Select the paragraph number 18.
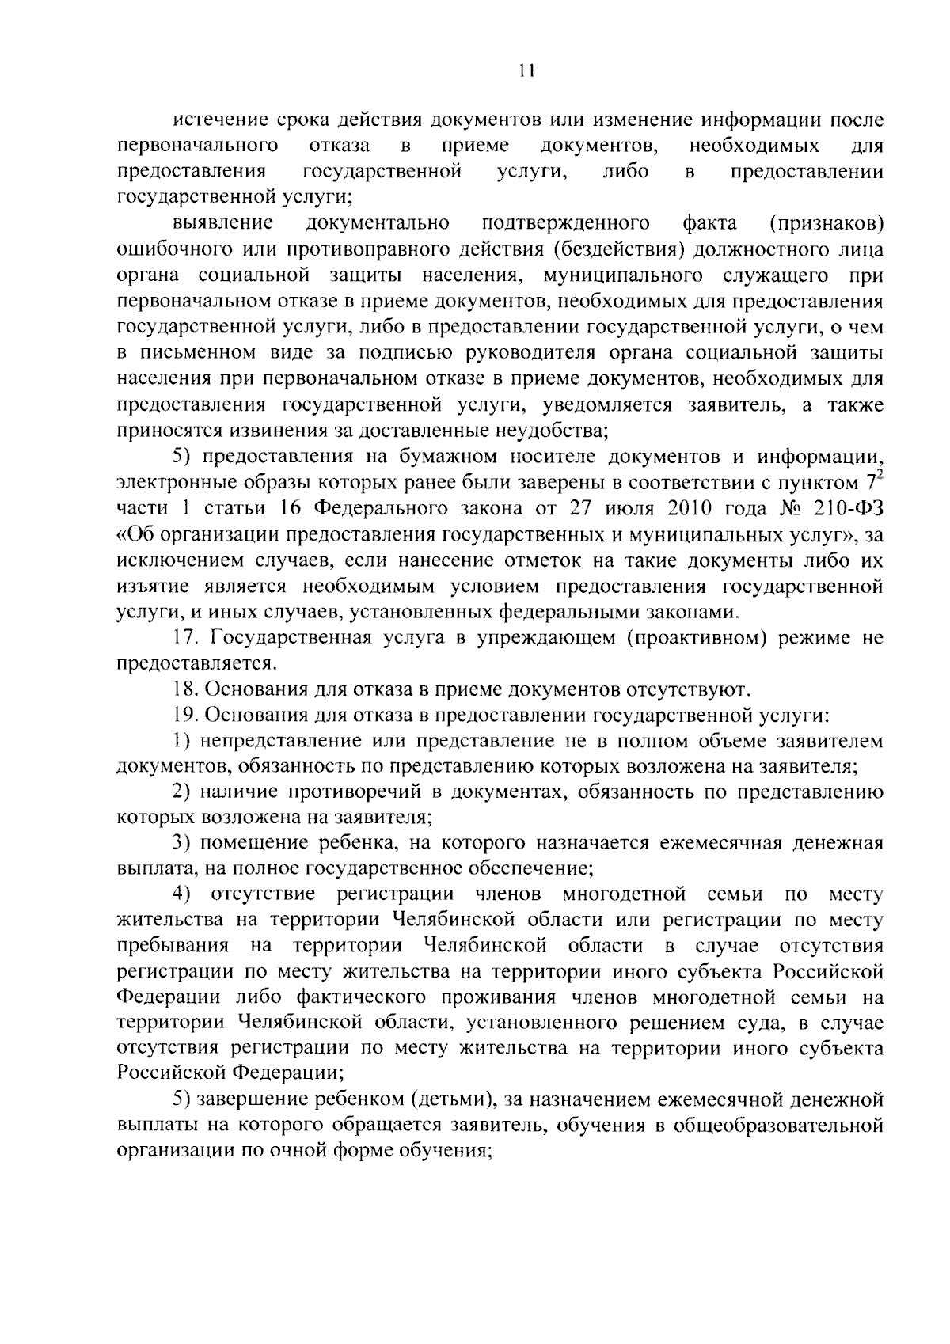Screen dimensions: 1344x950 [186, 689]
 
